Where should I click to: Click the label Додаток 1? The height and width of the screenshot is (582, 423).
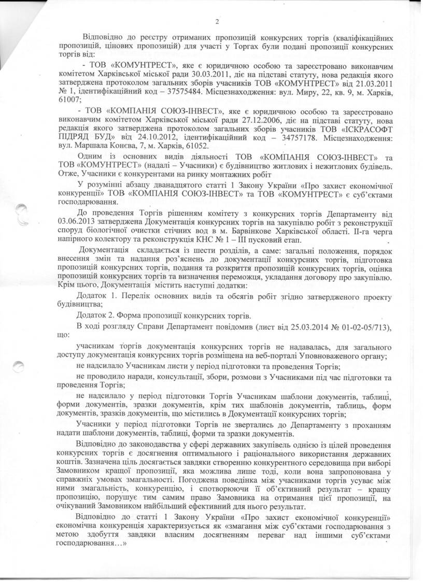[x=97, y=296]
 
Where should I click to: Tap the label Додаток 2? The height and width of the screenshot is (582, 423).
[x=97, y=315]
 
